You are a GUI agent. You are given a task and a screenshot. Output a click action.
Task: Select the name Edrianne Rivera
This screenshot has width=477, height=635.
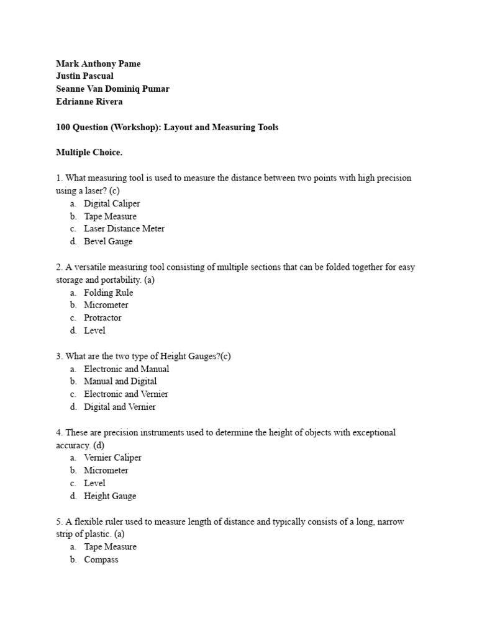pyautogui.click(x=89, y=102)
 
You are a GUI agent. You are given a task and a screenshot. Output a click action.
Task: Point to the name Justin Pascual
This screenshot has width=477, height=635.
pyautogui.click(x=84, y=76)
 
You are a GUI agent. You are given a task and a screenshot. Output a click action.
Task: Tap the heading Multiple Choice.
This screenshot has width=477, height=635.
pyautogui.click(x=86, y=153)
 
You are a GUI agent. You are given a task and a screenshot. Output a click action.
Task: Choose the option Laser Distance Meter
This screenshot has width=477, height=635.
pyautogui.click(x=124, y=229)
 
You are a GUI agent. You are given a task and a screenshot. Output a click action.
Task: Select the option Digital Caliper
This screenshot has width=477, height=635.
pyautogui.click(x=112, y=203)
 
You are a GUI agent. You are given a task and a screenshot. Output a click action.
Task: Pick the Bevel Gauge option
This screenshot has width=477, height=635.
pyautogui.click(x=108, y=241)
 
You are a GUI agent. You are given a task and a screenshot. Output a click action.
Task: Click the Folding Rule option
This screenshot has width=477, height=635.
pyautogui.click(x=109, y=293)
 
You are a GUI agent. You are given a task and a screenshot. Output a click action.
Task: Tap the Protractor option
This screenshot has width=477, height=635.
pyautogui.click(x=103, y=317)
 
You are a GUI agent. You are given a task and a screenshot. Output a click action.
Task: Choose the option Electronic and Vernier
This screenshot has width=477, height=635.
pyautogui.click(x=126, y=394)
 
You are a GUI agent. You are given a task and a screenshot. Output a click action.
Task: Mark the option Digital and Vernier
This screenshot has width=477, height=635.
pyautogui.click(x=120, y=407)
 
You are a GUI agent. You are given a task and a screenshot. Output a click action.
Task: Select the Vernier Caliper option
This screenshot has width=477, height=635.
pyautogui.click(x=113, y=458)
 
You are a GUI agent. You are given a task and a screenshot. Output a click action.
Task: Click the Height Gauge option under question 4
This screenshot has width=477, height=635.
pyautogui.click(x=110, y=496)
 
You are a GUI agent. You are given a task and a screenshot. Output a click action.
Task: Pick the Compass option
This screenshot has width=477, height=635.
pyautogui.click(x=101, y=559)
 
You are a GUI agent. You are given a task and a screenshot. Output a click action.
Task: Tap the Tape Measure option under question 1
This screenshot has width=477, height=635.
pyautogui.click(x=111, y=216)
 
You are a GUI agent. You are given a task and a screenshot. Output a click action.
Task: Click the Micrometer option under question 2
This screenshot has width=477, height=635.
pyautogui.click(x=106, y=305)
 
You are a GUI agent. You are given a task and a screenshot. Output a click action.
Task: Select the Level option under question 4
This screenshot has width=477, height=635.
pyautogui.click(x=95, y=483)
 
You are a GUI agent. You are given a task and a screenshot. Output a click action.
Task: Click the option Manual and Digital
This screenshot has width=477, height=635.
pyautogui.click(x=120, y=381)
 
